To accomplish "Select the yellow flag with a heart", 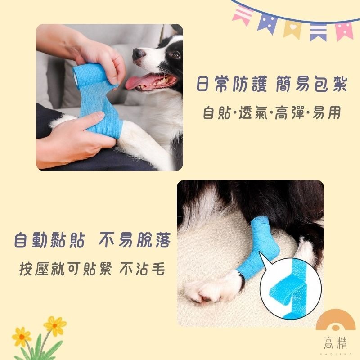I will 292,28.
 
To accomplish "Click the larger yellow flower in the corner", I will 55,325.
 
